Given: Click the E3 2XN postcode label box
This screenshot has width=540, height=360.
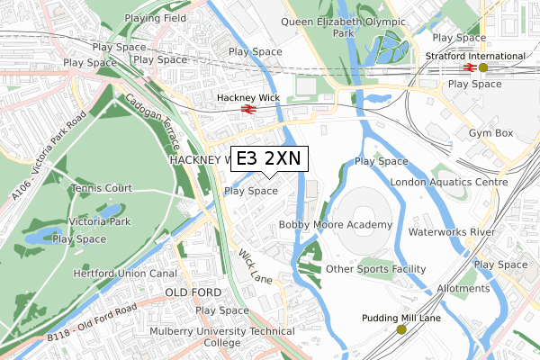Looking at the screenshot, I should click(270, 158).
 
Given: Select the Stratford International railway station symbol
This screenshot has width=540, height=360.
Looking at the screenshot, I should click(469, 67).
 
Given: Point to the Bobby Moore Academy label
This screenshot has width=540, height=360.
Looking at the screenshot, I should click(336, 224).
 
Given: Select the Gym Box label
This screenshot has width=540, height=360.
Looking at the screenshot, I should click(490, 133).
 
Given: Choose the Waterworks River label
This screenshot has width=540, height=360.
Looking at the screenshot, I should click(452, 232).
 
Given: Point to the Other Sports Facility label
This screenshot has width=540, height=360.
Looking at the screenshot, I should click(375, 269).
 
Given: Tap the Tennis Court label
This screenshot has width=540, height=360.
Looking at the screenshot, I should click(102, 189).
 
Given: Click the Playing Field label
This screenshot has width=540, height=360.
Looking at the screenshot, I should click(154, 18).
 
